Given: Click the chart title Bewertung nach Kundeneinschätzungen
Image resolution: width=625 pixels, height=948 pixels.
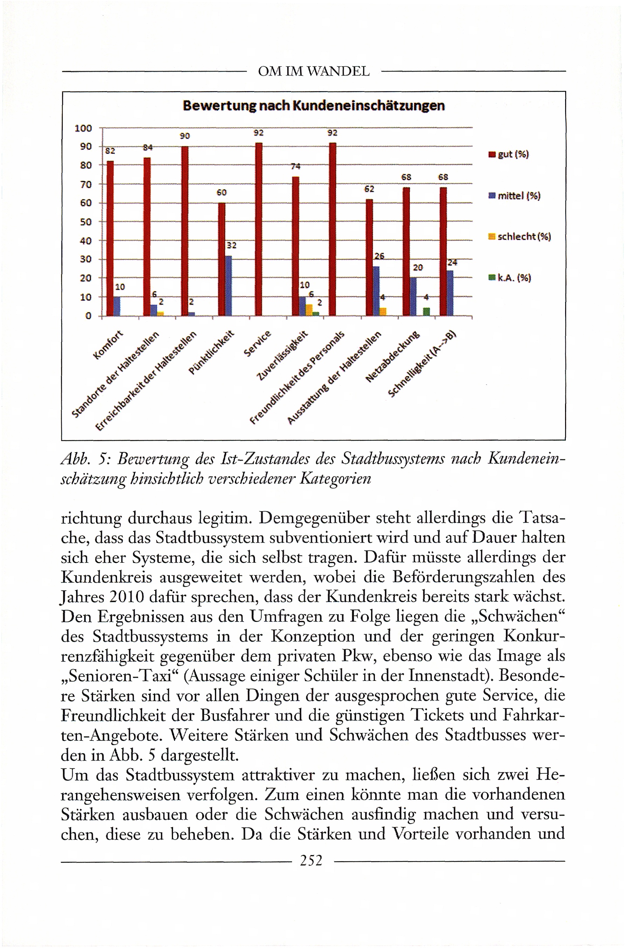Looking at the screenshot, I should click(x=313, y=106).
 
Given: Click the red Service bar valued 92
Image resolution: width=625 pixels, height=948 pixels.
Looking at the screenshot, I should click(x=259, y=229).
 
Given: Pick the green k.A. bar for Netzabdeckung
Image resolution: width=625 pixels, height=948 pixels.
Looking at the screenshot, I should click(x=426, y=311).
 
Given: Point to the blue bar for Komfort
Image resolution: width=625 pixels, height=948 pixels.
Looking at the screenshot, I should click(x=117, y=306).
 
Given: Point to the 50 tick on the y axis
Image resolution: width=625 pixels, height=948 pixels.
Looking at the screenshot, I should click(x=86, y=222).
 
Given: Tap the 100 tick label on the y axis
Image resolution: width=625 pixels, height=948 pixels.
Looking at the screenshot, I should click(x=83, y=128).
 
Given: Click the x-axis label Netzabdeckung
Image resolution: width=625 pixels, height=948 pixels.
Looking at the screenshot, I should click(x=393, y=356).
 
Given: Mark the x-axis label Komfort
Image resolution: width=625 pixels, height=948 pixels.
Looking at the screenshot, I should click(x=108, y=345).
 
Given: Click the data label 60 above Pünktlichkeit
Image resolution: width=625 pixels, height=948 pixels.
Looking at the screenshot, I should click(x=222, y=192).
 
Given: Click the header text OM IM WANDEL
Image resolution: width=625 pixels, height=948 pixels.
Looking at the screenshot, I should click(x=314, y=72).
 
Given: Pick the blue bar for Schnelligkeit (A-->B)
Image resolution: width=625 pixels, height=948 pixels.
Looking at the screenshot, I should click(x=449, y=293).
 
